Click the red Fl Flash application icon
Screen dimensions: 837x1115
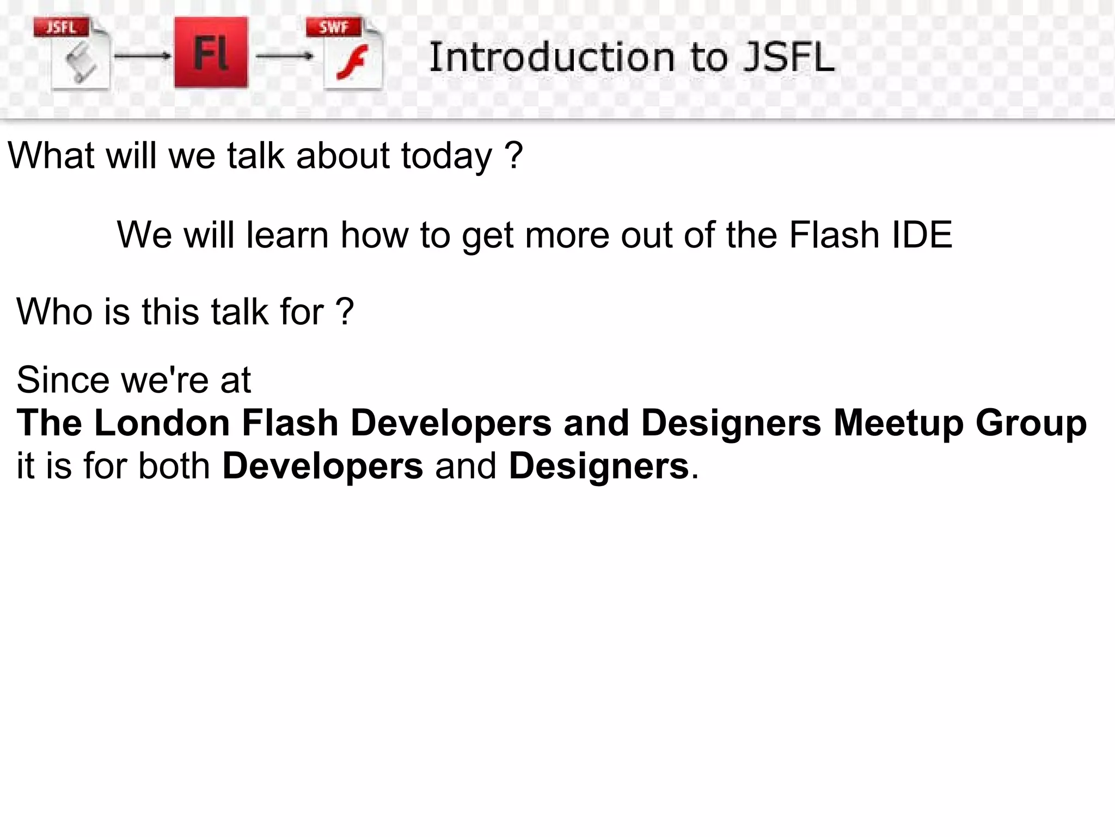(211, 52)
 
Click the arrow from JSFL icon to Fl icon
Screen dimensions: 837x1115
(143, 56)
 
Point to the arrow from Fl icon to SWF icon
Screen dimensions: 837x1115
(285, 56)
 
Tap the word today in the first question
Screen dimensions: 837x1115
(446, 156)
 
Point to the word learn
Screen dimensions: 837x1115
(287, 235)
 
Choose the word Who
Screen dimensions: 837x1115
(54, 312)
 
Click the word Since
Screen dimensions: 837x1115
(63, 380)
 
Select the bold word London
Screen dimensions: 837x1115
(162, 423)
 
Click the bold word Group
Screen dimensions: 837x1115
(1031, 424)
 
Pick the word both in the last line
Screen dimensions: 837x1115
(174, 466)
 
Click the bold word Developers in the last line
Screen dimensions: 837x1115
(322, 467)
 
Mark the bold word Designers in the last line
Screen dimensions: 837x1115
(598, 467)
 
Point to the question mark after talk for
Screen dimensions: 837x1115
(345, 312)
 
